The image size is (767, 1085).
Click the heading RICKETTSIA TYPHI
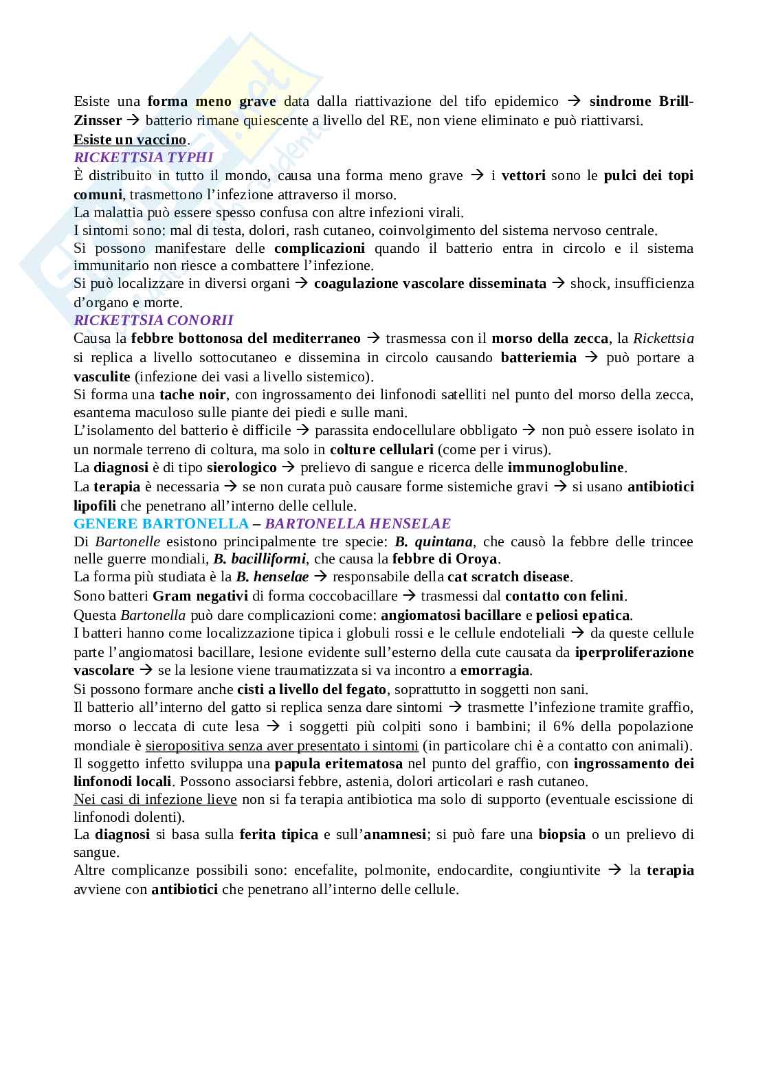point(144,157)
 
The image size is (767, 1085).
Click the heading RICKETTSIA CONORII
point(153,320)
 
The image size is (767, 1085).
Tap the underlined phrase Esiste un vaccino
point(130,139)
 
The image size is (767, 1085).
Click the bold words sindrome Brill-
point(641,102)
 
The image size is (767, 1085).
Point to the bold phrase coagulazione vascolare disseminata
point(430,283)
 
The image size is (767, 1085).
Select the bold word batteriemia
point(538,357)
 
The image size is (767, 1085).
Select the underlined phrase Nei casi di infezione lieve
point(155,799)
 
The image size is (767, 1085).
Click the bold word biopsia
point(562,834)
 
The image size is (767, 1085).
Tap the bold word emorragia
point(495,670)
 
